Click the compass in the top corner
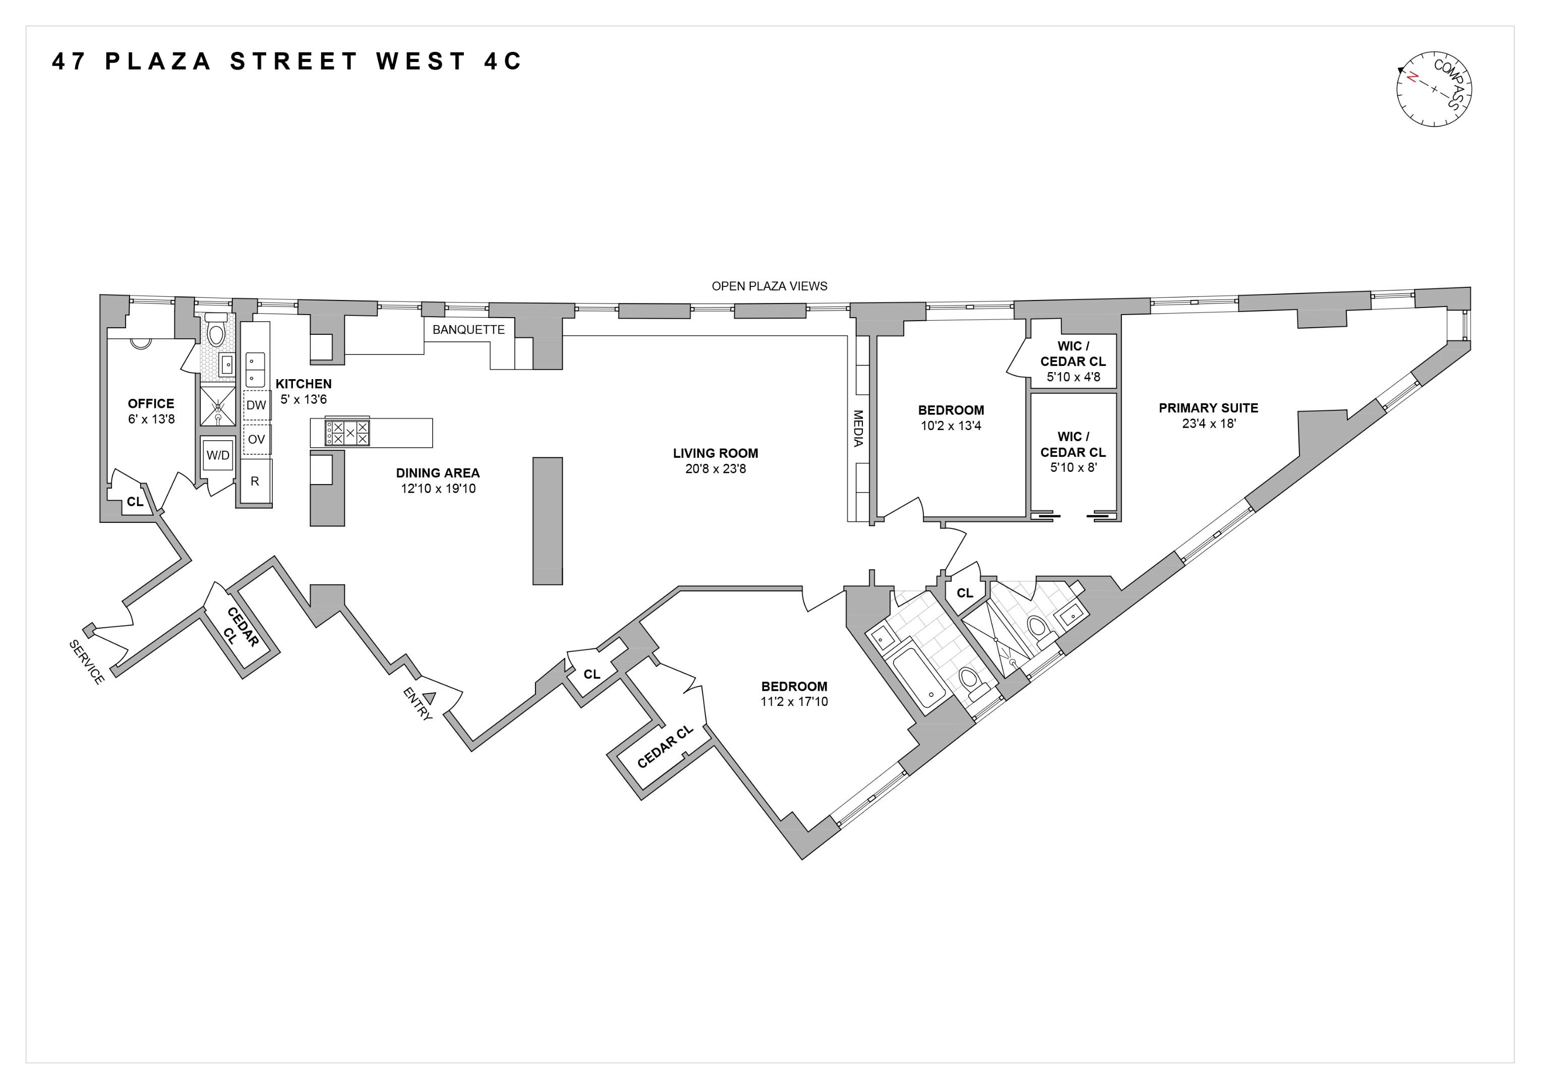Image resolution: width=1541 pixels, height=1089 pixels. (x=1434, y=89)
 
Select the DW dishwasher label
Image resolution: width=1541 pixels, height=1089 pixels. (x=256, y=405)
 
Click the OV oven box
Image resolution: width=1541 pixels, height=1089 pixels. (x=256, y=440)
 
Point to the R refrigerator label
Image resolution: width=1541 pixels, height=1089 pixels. (x=255, y=481)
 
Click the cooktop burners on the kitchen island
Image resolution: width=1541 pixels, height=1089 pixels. (x=347, y=433)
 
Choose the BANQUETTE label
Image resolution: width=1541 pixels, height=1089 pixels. (x=468, y=329)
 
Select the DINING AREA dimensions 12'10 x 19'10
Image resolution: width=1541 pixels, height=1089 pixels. (x=438, y=489)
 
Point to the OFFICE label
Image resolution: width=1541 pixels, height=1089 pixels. (x=151, y=403)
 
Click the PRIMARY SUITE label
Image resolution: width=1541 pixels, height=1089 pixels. (x=1208, y=408)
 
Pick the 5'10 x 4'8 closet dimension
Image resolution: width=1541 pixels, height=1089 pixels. (x=1073, y=377)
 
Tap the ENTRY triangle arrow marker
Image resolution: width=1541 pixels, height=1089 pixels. (x=430, y=698)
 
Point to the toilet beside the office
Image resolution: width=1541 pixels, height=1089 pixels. (x=215, y=331)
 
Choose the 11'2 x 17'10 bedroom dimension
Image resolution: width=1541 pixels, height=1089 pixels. (x=794, y=702)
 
